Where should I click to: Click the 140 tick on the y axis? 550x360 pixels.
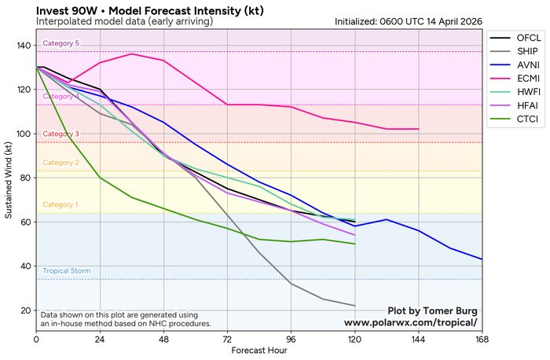click(x=24, y=46)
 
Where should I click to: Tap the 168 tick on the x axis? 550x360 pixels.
click(x=482, y=340)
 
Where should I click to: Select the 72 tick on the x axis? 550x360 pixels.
click(x=227, y=340)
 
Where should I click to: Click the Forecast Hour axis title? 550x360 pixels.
click(x=258, y=351)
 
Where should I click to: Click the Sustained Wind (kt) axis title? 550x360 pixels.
click(x=9, y=178)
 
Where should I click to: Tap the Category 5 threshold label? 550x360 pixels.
click(x=61, y=43)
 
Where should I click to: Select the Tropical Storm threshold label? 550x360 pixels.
click(x=66, y=271)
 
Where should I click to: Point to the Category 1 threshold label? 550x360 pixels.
click(x=61, y=205)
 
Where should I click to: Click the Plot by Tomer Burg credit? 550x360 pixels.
click(x=433, y=310)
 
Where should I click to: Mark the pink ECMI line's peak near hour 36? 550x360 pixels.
click(x=132, y=54)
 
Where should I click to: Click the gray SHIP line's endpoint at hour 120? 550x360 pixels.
click(x=354, y=306)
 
